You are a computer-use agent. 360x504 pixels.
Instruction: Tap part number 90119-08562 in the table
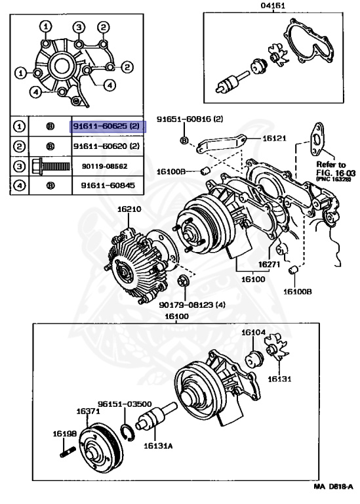105,166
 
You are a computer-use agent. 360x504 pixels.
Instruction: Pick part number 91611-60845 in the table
108,186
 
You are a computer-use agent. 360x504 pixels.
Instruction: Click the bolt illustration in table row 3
51,166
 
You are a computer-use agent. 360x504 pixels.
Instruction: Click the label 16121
274,138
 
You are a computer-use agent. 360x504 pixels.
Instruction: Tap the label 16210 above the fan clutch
129,209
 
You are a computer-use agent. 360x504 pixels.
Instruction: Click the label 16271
269,264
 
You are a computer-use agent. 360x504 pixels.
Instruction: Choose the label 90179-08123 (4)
192,304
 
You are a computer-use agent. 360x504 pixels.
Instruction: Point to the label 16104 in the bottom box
253,332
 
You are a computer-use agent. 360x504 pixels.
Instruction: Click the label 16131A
158,446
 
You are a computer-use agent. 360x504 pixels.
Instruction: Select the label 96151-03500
125,404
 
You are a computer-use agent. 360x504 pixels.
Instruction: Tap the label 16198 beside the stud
64,434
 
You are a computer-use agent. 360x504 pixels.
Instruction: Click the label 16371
88,411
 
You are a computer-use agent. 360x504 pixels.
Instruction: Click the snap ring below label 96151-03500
127,433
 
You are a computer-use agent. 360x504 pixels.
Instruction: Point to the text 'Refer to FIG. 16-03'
336,169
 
